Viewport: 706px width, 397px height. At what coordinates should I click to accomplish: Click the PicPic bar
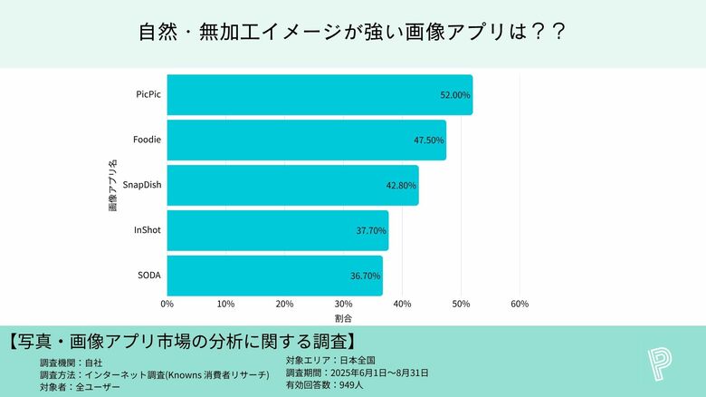pos(320,95)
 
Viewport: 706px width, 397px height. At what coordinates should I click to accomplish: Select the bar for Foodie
pos(306,140)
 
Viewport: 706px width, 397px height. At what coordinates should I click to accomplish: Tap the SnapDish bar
pos(292,185)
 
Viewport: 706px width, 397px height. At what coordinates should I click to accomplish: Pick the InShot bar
pos(277,230)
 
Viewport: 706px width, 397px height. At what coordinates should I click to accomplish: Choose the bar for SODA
pos(274,276)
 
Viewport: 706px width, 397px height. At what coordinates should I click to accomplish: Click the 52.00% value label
pos(455,95)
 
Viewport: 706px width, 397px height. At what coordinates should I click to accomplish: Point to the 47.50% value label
pos(428,140)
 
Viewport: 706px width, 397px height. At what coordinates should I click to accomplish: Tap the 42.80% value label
pos(401,185)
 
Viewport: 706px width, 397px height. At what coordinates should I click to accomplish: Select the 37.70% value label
pos(371,230)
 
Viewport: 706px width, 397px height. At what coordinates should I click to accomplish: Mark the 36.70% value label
pos(366,276)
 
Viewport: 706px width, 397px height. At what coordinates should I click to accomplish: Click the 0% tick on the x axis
pos(167,304)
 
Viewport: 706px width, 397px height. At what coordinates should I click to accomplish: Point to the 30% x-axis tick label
pos(343,304)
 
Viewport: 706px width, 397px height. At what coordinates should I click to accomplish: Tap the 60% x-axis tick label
pos(520,304)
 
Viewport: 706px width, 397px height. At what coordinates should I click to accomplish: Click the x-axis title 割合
pos(343,319)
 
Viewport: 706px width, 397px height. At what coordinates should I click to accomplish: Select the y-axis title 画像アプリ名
pos(112,185)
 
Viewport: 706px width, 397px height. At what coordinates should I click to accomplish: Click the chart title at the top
pos(352,33)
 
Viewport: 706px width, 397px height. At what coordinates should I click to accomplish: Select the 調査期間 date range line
pos(357,373)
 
